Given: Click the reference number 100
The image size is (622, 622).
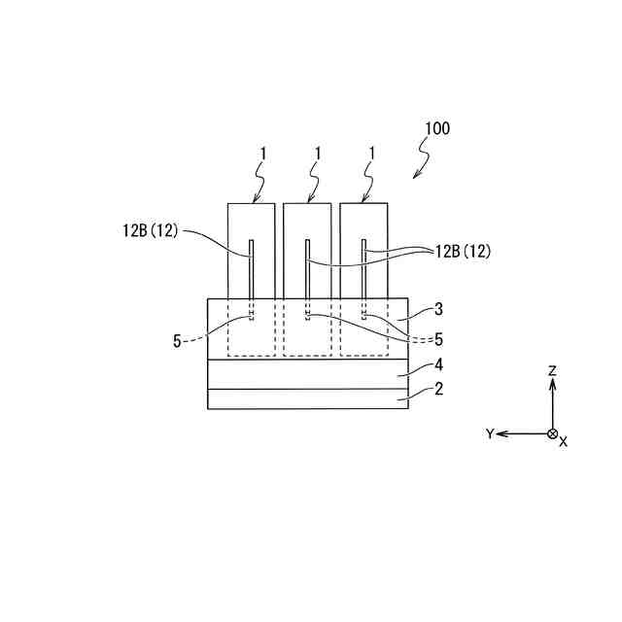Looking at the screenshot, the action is (x=436, y=127).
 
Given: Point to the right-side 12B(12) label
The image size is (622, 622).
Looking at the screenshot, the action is (x=463, y=251).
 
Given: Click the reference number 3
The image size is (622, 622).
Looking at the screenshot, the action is (x=439, y=309).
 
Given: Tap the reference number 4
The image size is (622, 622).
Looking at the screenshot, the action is (x=439, y=366).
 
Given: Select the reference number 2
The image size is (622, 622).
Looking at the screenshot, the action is (x=439, y=390).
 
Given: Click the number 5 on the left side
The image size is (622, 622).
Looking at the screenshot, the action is (x=177, y=340).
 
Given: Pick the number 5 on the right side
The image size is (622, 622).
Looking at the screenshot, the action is (x=439, y=339).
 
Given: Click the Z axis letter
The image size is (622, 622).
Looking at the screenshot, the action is (x=552, y=370).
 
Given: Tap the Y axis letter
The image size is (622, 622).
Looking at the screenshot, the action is (x=490, y=433).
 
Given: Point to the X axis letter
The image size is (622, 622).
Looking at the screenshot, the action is (x=564, y=442).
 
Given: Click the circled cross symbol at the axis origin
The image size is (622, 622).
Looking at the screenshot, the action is (x=552, y=433).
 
